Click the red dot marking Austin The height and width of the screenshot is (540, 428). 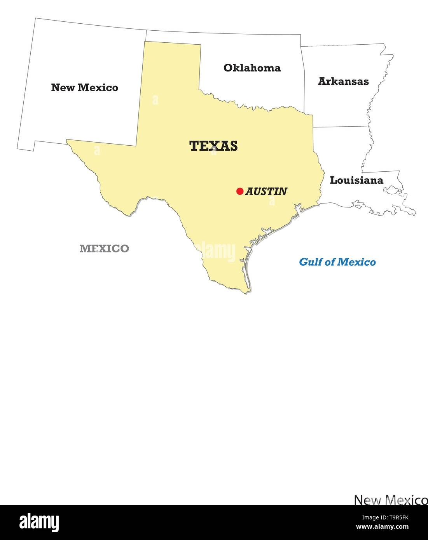coord(240,191)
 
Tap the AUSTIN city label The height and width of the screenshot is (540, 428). coord(266,191)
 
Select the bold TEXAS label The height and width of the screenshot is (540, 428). coord(213,146)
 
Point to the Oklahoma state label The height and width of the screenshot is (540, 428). coord(252,68)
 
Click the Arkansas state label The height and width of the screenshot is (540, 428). coord(343,81)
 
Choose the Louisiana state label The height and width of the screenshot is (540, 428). coord(356,180)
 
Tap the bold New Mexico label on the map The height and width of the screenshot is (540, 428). coord(84,87)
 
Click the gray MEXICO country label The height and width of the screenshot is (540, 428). coord(104,249)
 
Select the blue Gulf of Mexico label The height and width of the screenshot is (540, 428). coord(337,262)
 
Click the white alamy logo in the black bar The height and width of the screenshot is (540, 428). coord(39,522)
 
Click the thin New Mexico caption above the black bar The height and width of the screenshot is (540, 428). coord(391,500)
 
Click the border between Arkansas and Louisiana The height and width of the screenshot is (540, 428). coord(341,126)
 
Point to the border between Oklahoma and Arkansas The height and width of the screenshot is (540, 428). coord(302,78)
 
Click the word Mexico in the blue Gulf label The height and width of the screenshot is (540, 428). coord(356,262)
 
